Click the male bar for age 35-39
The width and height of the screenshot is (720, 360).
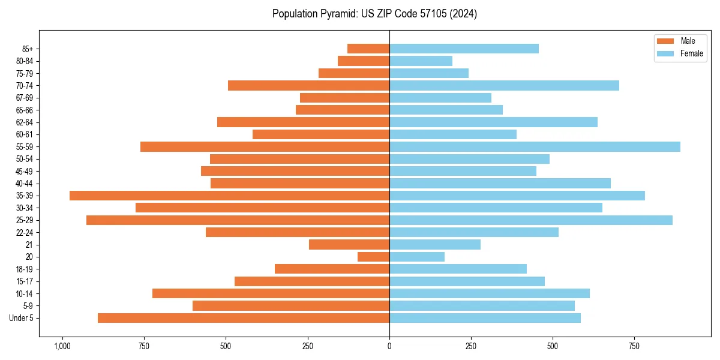pyautogui.click(x=229, y=196)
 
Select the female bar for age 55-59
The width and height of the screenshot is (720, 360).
pyautogui.click(x=535, y=147)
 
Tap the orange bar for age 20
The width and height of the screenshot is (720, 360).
pyautogui.click(x=373, y=257)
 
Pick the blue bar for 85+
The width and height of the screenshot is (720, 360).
pyautogui.click(x=464, y=49)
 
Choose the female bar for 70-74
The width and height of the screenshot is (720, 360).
pyautogui.click(x=504, y=86)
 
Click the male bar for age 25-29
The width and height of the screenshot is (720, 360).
pyautogui.click(x=238, y=220)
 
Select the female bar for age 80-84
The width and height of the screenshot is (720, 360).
pyautogui.click(x=421, y=61)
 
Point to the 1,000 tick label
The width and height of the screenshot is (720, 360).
pyautogui.click(x=62, y=346)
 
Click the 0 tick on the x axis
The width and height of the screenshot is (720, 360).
pyautogui.click(x=389, y=346)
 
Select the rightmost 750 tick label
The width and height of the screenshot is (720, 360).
pyautogui.click(x=634, y=346)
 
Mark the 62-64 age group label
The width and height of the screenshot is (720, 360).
pyautogui.click(x=25, y=122)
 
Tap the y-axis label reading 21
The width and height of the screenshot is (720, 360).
pyautogui.click(x=29, y=245)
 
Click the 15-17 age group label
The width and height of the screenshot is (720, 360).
pyautogui.click(x=25, y=281)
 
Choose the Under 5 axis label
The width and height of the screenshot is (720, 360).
pyautogui.click(x=22, y=318)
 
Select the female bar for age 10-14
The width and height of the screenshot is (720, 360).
pyautogui.click(x=490, y=293)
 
